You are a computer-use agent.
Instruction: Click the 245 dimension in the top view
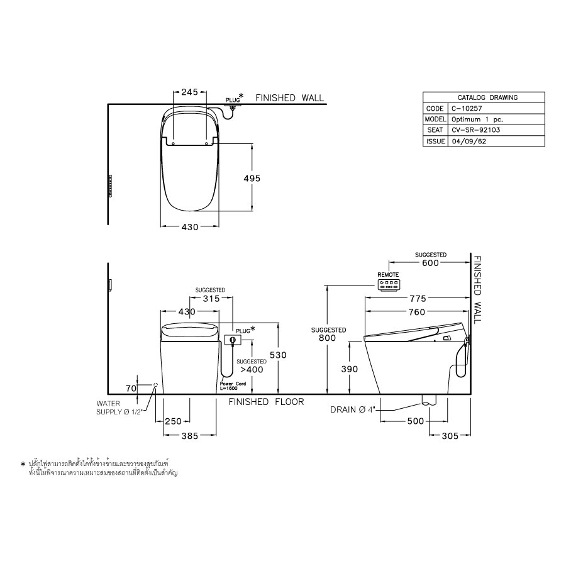tap(189, 92)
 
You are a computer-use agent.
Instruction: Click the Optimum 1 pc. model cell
tap(477, 119)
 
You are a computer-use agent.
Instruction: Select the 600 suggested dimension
tap(430, 263)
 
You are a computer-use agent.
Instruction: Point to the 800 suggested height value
tap(328, 338)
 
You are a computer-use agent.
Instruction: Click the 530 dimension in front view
tap(277, 355)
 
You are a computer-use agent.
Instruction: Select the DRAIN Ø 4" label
tap(353, 410)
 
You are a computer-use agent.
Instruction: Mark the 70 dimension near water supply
tap(131, 389)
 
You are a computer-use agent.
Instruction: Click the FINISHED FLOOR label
tap(266, 401)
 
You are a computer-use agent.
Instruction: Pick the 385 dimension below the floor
tap(189, 435)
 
